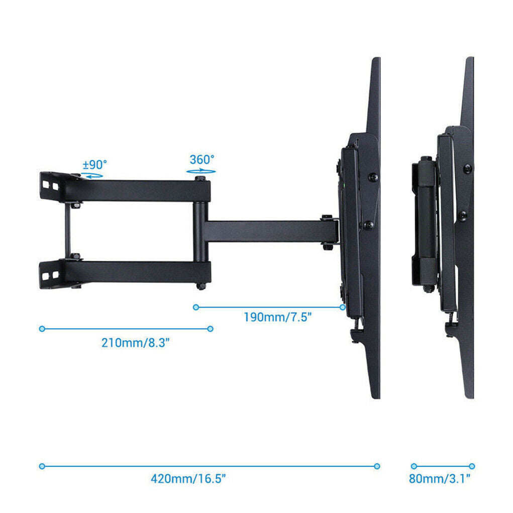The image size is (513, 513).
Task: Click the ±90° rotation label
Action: tap(94, 164)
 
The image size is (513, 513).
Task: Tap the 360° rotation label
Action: tap(202, 160)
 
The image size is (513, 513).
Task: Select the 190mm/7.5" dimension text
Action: tap(277, 317)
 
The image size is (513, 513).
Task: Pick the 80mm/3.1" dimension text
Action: tap(439, 478)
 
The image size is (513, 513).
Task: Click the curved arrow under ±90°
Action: tap(92, 175)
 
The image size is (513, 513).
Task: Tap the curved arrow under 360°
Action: tap(202, 171)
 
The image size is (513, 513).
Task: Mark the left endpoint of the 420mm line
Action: tap(42, 466)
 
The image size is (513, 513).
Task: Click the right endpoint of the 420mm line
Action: tap(377, 466)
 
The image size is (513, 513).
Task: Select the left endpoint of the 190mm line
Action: tap(196, 307)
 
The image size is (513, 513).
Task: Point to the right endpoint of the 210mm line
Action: tap(210, 329)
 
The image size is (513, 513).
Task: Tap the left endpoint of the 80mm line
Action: tap(414, 466)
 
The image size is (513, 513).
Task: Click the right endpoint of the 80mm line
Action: tap(472, 466)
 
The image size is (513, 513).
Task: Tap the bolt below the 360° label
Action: tap(201, 178)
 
